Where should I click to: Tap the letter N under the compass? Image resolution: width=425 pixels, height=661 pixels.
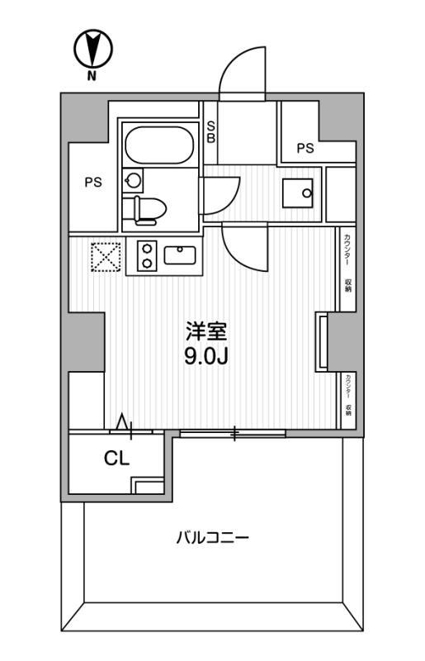coord(91,77)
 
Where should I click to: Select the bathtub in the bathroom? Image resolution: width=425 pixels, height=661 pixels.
coord(160,145)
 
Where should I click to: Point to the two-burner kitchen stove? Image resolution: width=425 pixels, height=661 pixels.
coord(146,255)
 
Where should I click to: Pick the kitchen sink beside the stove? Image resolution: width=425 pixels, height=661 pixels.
coord(179,254)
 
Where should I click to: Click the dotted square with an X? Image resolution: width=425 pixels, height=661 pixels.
coord(106,255)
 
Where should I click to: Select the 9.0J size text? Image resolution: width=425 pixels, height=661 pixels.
coord(205,357)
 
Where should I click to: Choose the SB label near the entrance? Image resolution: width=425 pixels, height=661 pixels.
coord(210,132)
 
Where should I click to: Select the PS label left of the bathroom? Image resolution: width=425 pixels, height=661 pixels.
coord(92,183)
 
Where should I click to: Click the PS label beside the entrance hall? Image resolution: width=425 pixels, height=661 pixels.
coord(305,149)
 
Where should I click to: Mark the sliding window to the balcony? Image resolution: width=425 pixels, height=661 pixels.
coord(233,433)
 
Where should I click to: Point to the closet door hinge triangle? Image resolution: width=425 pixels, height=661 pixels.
coord(124,423)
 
